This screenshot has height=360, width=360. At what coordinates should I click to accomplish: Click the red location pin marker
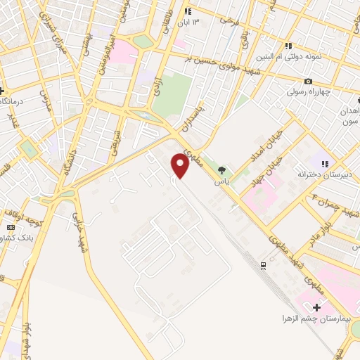(x=181, y=166)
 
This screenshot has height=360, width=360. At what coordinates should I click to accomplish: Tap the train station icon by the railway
(x=263, y=264)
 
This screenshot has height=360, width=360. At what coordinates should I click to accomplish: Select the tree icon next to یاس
(x=222, y=169)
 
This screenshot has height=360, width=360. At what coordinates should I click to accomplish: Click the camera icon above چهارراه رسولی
(x=308, y=82)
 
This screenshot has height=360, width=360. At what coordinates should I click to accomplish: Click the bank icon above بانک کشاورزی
(x=11, y=228)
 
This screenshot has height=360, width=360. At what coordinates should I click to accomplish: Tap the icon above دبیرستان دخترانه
(x=324, y=163)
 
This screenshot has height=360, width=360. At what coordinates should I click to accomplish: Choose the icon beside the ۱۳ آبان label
(x=188, y=12)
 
